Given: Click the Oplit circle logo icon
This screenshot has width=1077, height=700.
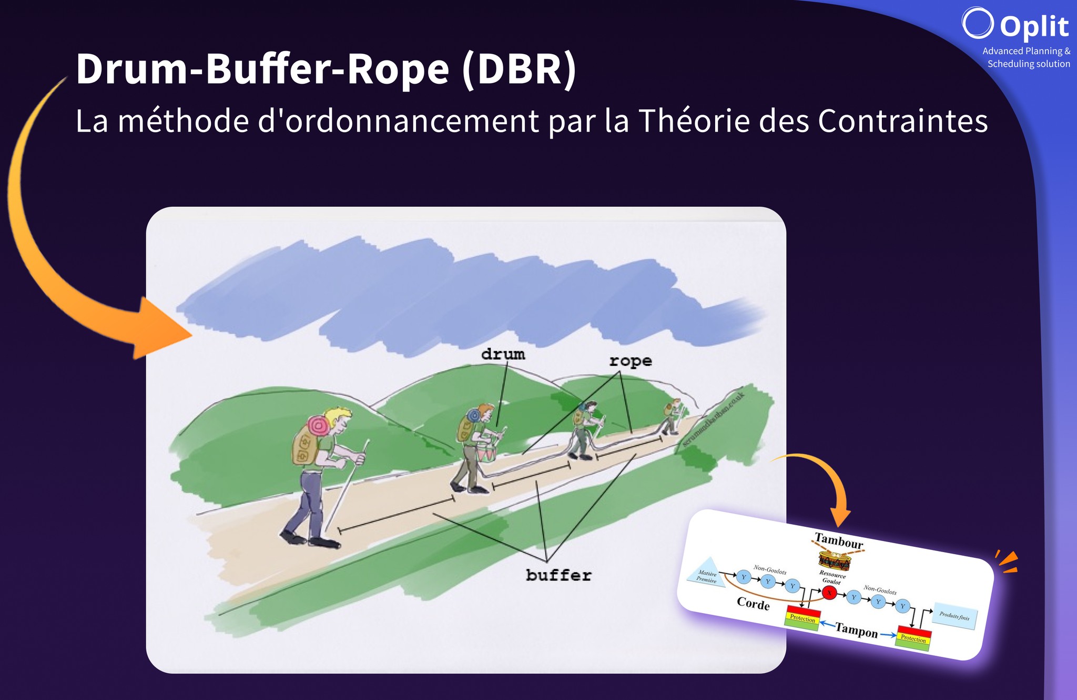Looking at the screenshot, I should pyautogui.click(x=978, y=23).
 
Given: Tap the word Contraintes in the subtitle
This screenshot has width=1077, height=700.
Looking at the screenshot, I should pyautogui.click(x=902, y=121).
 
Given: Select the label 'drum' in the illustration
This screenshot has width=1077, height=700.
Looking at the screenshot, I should pyautogui.click(x=503, y=354).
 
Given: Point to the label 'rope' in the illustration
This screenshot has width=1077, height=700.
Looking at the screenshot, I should pyautogui.click(x=631, y=361).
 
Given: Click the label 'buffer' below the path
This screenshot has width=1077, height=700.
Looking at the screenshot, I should pyautogui.click(x=558, y=575).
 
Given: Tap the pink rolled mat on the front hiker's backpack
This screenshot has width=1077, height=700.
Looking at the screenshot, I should pyautogui.click(x=319, y=425).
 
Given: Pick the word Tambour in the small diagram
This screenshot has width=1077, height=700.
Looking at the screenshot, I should pyautogui.click(x=838, y=541).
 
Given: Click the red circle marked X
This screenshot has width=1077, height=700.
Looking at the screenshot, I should pyautogui.click(x=829, y=593).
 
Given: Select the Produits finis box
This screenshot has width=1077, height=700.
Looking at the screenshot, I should pyautogui.click(x=954, y=616).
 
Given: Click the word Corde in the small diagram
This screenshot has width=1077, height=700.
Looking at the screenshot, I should pyautogui.click(x=753, y=604).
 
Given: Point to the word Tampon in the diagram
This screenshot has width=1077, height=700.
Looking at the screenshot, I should pyautogui.click(x=856, y=630).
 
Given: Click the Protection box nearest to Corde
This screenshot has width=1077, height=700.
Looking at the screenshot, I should pyautogui.click(x=802, y=617).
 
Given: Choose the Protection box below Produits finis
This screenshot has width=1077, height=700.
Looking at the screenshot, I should pyautogui.click(x=913, y=638).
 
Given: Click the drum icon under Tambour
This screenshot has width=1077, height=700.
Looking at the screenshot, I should pyautogui.click(x=835, y=561).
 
